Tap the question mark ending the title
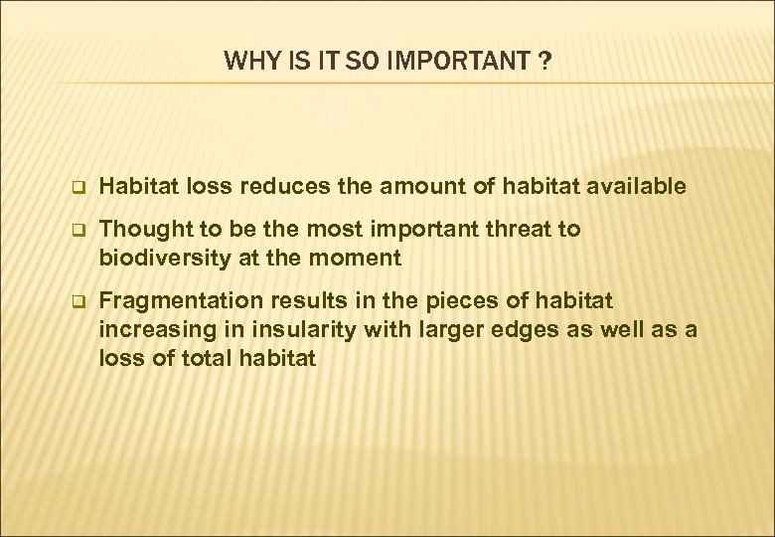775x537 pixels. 545,62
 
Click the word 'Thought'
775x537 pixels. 141,229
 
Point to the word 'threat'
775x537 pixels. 524,229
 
